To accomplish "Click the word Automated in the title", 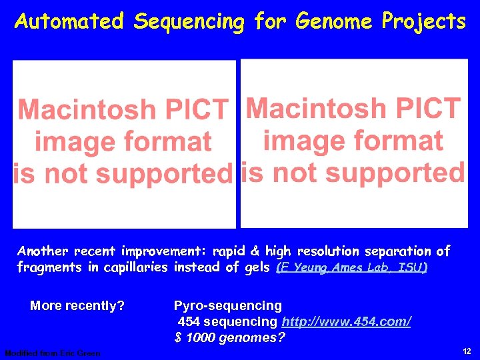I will pyautogui.click(x=69, y=22).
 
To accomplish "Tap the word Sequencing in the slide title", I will pyautogui.click(x=189, y=22).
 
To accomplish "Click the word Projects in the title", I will pyautogui.click(x=423, y=22).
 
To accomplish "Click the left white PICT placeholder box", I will pyautogui.click(x=125, y=144).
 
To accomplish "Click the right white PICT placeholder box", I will pyautogui.click(x=353, y=143).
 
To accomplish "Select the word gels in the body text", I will pyautogui.click(x=254, y=267).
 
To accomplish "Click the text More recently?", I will pyautogui.click(x=77, y=306).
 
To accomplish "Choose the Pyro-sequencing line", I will pyautogui.click(x=227, y=306).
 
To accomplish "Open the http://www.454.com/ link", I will pyautogui.click(x=346, y=322).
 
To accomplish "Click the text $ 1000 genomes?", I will pyautogui.click(x=230, y=337).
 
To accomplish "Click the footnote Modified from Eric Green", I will pyautogui.click(x=52, y=353).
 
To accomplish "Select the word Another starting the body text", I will pyautogui.click(x=43, y=251).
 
